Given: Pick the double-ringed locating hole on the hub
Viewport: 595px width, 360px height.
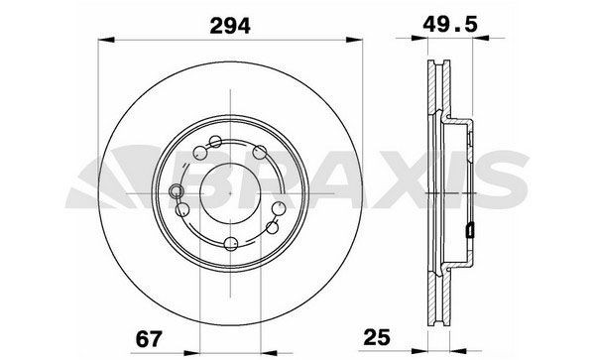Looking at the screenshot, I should tap(177, 192).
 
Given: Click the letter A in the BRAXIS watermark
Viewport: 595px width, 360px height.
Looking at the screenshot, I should tap(342, 184).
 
